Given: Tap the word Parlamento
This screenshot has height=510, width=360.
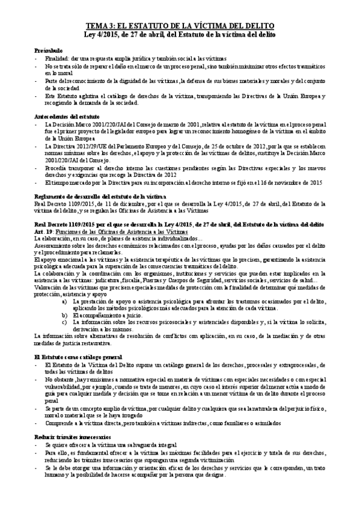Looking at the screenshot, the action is pos(145,146).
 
